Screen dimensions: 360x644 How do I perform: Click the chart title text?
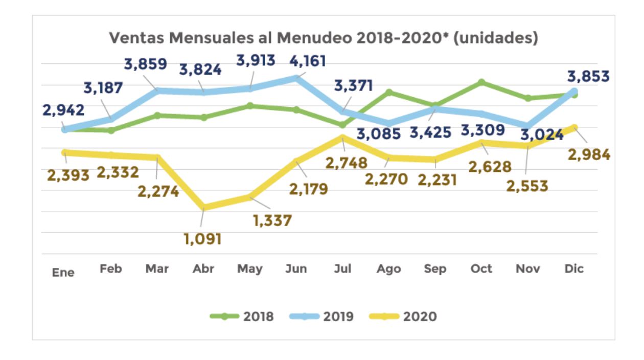click(x=324, y=38)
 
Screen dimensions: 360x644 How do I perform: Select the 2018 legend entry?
click(x=242, y=317)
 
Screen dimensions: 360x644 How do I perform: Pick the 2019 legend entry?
click(x=321, y=317)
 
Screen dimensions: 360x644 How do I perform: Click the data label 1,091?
click(x=203, y=239)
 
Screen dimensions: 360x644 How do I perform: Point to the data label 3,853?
click(x=588, y=77)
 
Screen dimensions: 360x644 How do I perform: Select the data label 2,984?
click(x=589, y=154)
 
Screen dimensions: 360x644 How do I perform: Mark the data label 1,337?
click(x=273, y=220)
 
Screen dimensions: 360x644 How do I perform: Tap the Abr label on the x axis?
click(x=203, y=269)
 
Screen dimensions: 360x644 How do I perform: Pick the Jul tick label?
click(x=342, y=269)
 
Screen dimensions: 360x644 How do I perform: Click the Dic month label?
click(x=574, y=269)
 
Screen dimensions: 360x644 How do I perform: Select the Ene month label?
click(x=63, y=273)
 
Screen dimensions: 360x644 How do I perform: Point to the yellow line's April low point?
click(x=203, y=207)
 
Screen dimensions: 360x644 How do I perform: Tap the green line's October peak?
click(x=481, y=82)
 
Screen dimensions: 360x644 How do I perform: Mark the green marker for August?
click(x=389, y=92)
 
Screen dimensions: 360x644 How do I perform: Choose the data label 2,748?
click(x=347, y=163)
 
